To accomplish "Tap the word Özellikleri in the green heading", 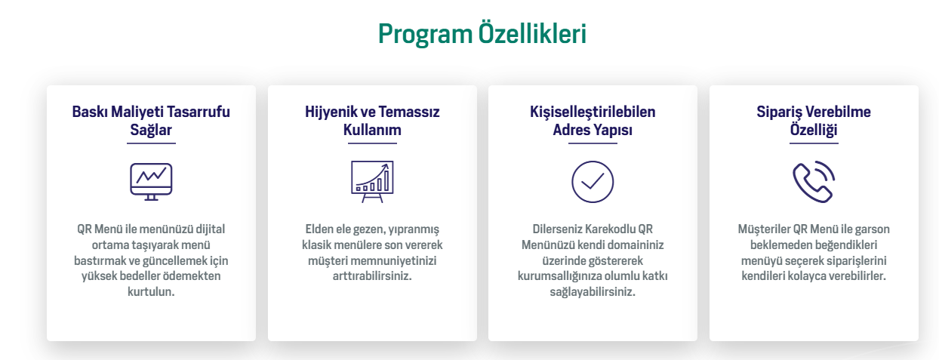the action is pos(532,32).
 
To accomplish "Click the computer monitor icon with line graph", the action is pos(151,182).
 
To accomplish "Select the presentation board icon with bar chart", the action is pos(372,182).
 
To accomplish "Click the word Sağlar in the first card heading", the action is pos(151,131).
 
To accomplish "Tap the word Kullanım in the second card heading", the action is pos(372,130).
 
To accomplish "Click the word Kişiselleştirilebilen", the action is pos(593,112).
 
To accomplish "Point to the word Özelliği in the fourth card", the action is pos(814,130).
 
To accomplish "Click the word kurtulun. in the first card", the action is pos(151,291).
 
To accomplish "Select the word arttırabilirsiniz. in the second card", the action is pos(372,276).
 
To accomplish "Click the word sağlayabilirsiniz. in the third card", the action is pos(593,292).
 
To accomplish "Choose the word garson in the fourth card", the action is pos(873,230).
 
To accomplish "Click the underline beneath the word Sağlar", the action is pos(151,143).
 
